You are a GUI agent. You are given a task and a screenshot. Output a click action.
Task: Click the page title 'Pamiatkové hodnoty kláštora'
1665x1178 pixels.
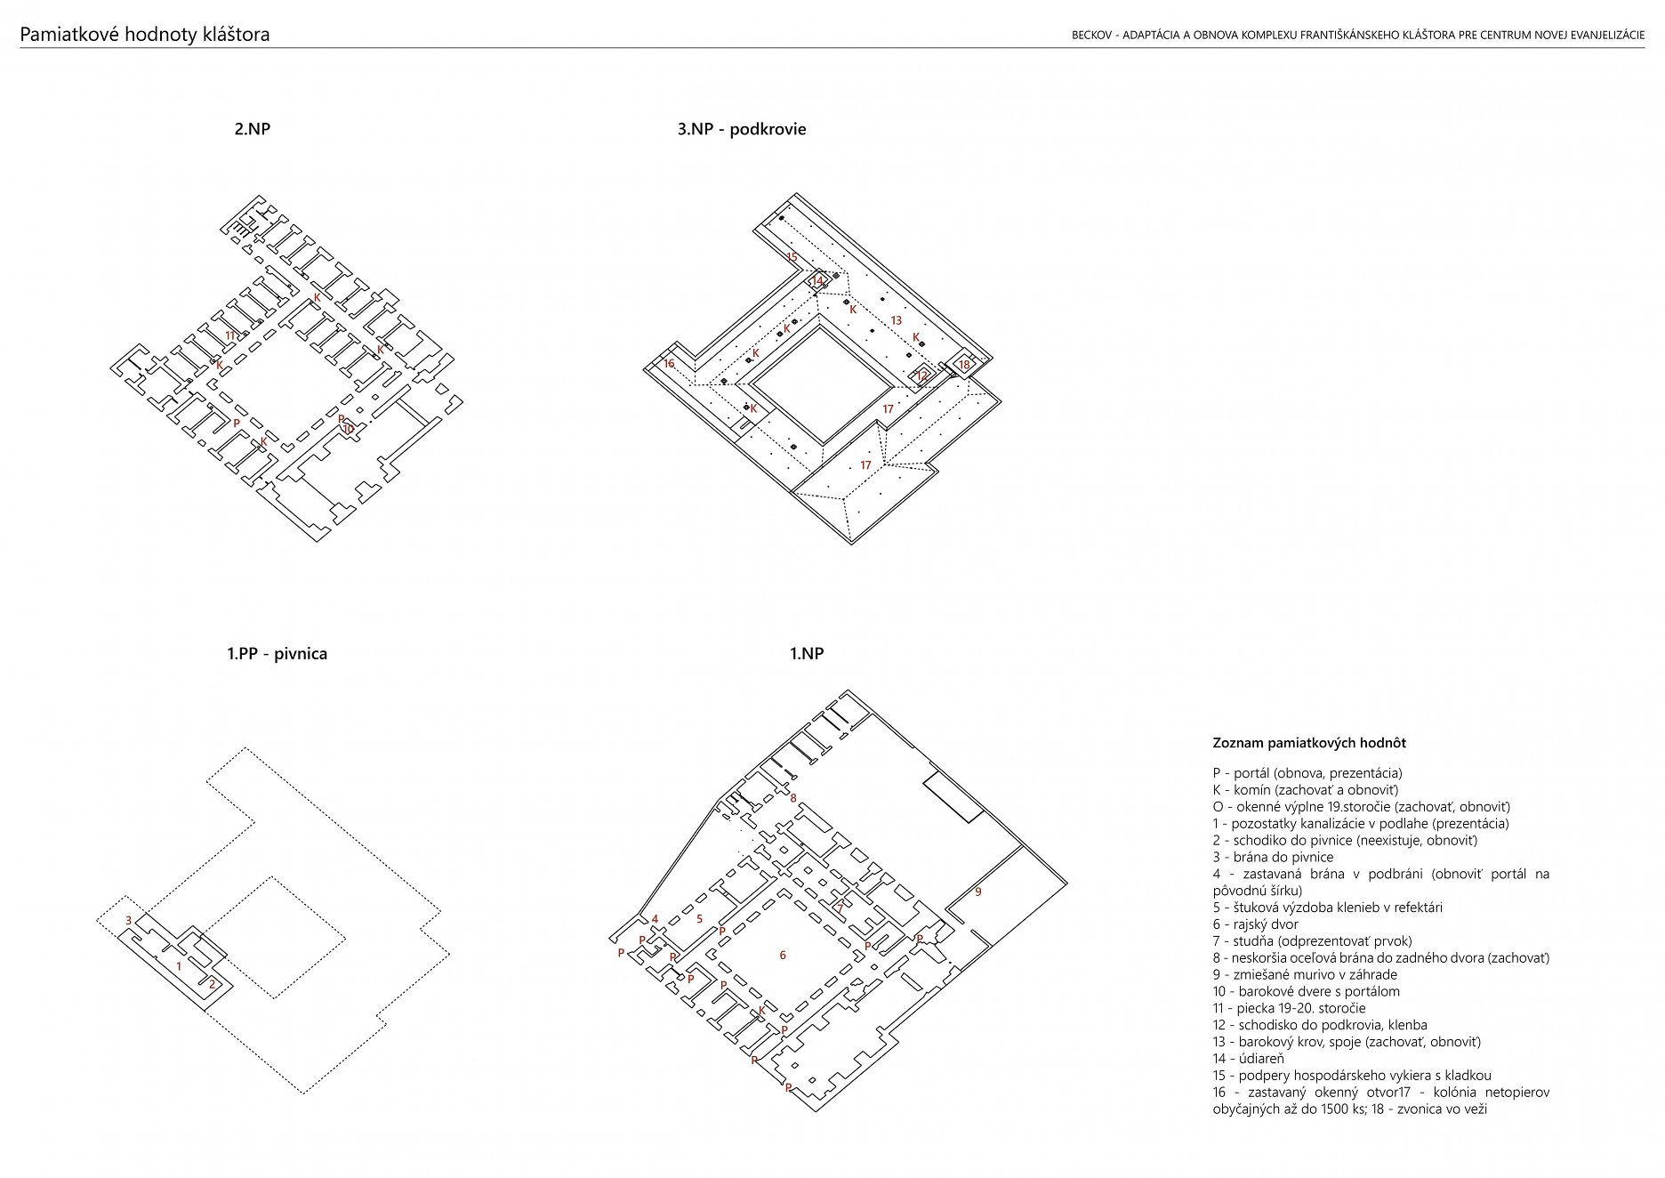point(145,35)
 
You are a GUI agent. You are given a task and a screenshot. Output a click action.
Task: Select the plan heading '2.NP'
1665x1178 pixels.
point(253,129)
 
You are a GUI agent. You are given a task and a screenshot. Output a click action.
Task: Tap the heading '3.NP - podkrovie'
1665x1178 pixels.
point(742,129)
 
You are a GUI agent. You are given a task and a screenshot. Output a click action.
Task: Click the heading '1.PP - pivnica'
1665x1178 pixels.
point(277,654)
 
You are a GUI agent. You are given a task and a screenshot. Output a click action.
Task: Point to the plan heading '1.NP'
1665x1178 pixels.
point(807,654)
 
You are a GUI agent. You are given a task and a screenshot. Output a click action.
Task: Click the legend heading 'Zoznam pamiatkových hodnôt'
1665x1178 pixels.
point(1309,743)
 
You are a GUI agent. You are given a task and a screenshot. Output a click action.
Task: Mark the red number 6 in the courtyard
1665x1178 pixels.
point(783,955)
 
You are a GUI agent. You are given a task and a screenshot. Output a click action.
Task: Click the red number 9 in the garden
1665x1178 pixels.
point(978,892)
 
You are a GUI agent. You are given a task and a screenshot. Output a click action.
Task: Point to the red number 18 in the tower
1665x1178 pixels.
point(964,365)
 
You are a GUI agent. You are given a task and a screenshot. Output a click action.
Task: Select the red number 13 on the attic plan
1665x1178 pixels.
point(896,320)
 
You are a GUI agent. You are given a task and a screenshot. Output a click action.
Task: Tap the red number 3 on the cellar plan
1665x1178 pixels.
point(129,921)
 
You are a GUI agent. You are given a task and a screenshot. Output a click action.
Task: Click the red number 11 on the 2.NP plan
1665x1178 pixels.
point(230,335)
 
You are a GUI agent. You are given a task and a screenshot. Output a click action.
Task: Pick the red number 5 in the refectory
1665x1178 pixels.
point(699,919)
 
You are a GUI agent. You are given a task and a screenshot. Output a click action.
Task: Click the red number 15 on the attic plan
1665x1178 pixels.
point(792,257)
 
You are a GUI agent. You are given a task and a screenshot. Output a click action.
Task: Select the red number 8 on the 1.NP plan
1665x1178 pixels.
point(793,798)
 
